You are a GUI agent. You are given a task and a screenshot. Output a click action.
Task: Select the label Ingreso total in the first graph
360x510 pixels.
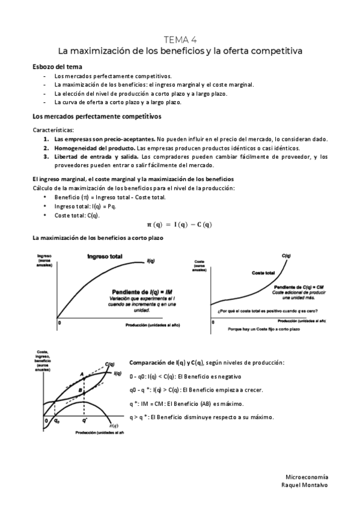coord(105,256)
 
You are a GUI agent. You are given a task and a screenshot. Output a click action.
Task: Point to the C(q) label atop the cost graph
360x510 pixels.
coord(287,256)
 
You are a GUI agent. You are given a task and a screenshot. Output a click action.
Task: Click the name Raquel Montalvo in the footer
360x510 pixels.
coord(305,484)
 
